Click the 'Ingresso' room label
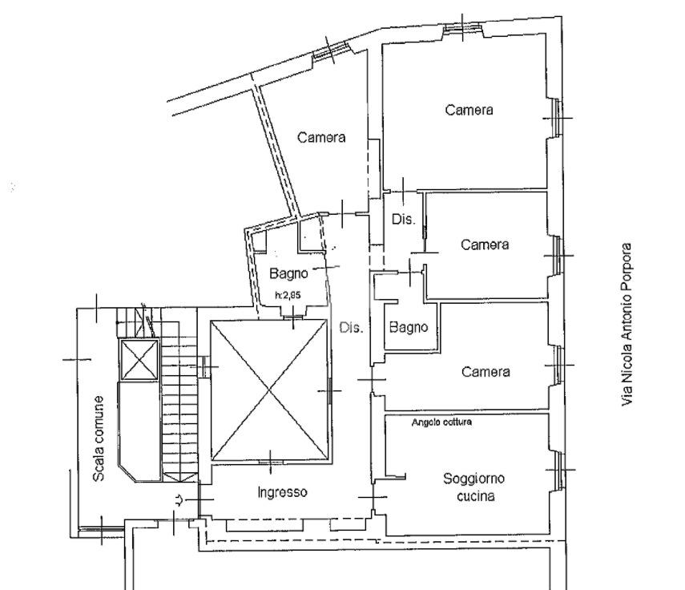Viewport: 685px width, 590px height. (282, 492)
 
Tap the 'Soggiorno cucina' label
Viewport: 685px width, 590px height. (474, 487)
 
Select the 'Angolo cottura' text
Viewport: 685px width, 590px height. (441, 422)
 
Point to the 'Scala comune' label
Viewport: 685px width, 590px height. (99, 438)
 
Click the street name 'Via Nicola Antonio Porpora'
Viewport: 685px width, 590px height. (627, 325)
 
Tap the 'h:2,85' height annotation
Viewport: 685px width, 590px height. (288, 295)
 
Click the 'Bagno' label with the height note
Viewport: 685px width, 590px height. (288, 273)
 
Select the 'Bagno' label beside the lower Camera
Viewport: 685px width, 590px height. (409, 327)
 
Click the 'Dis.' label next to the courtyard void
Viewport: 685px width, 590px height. (351, 327)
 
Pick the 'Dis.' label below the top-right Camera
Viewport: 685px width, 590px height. (403, 219)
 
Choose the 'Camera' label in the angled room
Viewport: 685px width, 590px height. (321, 137)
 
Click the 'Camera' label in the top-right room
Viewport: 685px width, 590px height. (469, 110)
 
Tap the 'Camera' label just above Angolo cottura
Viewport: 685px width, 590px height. (486, 372)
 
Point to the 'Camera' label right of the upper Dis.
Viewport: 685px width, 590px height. (485, 244)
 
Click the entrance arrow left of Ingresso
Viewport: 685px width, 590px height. (179, 499)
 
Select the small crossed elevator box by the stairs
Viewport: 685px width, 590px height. (139, 360)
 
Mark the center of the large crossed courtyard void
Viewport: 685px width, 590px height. (269, 390)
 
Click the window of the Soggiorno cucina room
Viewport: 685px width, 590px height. (558, 470)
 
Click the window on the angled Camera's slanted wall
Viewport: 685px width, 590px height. (331, 51)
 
